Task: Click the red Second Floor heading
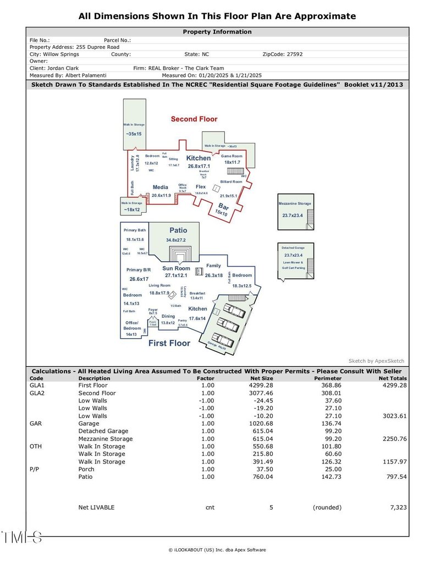tap(194, 119)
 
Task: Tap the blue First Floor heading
tap(169, 343)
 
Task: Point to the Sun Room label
tap(176, 268)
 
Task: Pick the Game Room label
tap(232, 156)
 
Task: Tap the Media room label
tap(161, 187)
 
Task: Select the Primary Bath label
tap(135, 230)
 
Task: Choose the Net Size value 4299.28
tap(261, 385)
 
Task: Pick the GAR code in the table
tap(36, 424)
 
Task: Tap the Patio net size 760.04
tap(262, 477)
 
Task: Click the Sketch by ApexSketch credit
tap(377, 361)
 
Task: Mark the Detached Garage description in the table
tap(103, 431)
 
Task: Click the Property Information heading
tap(217, 32)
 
